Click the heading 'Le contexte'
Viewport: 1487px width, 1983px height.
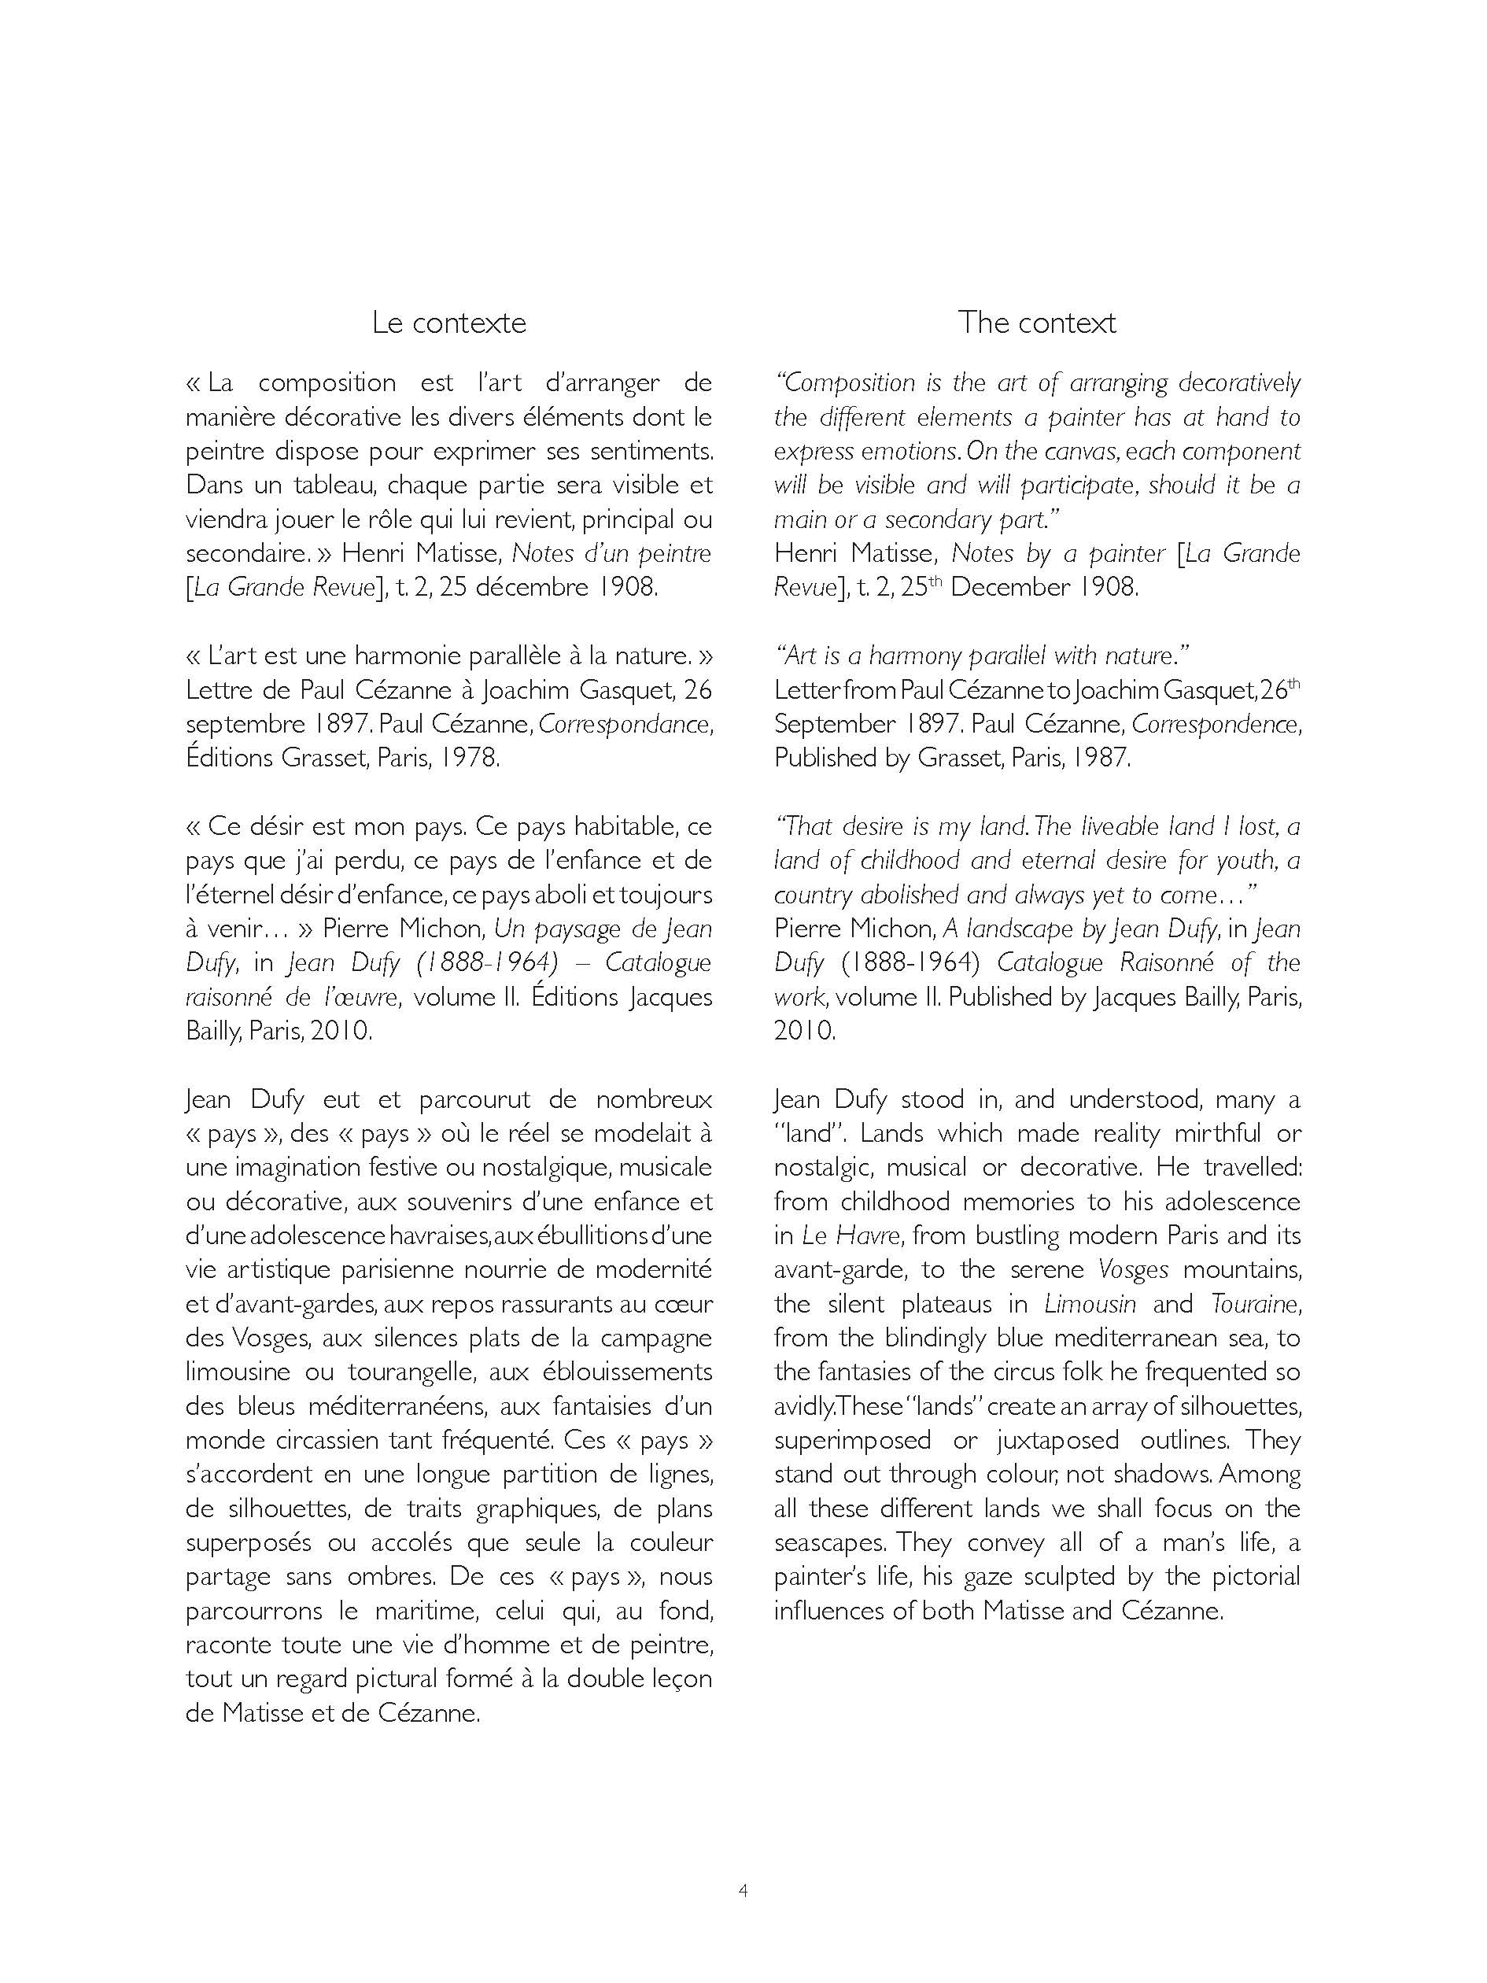tap(448, 323)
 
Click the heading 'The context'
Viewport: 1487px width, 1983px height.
tap(1036, 323)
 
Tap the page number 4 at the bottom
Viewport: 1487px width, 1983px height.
tap(743, 1892)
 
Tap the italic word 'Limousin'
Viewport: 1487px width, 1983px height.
tap(1090, 1305)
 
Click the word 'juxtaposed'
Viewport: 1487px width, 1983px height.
tap(1057, 1441)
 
